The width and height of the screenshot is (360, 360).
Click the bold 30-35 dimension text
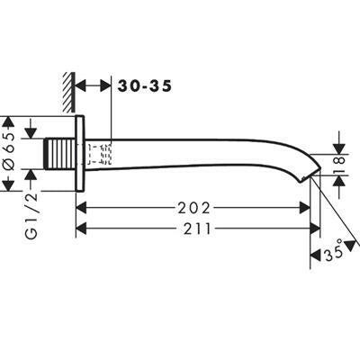(145, 85)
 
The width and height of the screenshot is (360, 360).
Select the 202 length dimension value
(193, 208)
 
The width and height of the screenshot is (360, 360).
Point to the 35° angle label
(333, 251)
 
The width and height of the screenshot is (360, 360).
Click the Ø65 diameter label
(10, 151)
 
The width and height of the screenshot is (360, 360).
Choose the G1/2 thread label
(31, 215)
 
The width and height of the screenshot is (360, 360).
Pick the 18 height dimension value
(340, 165)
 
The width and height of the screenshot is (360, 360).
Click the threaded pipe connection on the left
(60, 154)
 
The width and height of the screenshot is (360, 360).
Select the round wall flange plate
(80, 153)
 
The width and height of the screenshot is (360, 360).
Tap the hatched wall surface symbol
(68, 93)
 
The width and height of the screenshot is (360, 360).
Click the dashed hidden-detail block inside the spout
(100, 154)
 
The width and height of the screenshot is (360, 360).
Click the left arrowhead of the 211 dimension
(81, 229)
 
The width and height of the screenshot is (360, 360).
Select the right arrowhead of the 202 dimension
(304, 208)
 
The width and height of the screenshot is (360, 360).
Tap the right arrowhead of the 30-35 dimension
(105, 85)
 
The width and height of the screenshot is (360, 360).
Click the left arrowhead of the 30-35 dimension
(81, 85)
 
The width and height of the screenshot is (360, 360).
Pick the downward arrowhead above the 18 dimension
(340, 148)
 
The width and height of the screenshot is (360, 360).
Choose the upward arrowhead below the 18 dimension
(340, 181)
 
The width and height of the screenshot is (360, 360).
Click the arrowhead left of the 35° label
(316, 256)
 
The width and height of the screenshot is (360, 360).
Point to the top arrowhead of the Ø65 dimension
(8, 121)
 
